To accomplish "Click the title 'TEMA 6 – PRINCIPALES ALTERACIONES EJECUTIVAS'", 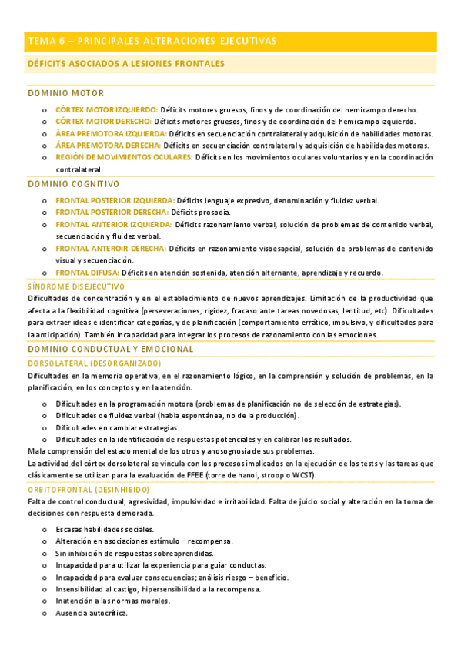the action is [152, 41].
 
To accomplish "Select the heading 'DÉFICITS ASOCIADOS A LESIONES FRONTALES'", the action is [125, 64].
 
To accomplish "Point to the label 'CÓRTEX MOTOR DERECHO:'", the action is [103, 122].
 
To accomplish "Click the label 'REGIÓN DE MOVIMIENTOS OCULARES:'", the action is [124, 157].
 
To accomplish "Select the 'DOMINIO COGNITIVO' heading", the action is [73, 184].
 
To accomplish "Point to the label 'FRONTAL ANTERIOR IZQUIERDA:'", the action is [113, 225].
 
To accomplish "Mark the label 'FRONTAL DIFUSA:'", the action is [87, 273].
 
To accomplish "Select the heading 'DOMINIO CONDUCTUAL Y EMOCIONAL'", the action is [110, 350].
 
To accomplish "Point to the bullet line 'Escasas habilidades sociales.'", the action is [105, 529].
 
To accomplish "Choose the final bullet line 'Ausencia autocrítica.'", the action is [91, 613].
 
